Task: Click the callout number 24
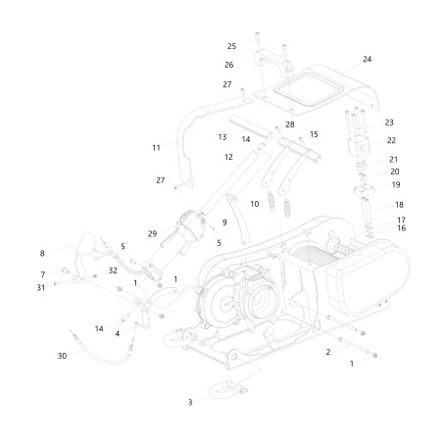coord(367,60)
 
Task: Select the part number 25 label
coord(231,46)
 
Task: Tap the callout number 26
coord(228,65)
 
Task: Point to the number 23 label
coord(389,123)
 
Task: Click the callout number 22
coord(391,140)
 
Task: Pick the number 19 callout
coord(396,184)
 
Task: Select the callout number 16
coord(401,227)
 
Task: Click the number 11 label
coord(156,147)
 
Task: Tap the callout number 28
coord(290,124)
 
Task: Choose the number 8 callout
coord(42,253)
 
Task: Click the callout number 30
coord(63,355)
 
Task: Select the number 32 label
coord(114,270)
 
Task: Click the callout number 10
coord(255,204)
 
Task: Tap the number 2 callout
coord(328,351)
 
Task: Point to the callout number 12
coord(228,157)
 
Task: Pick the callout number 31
coord(42,287)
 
